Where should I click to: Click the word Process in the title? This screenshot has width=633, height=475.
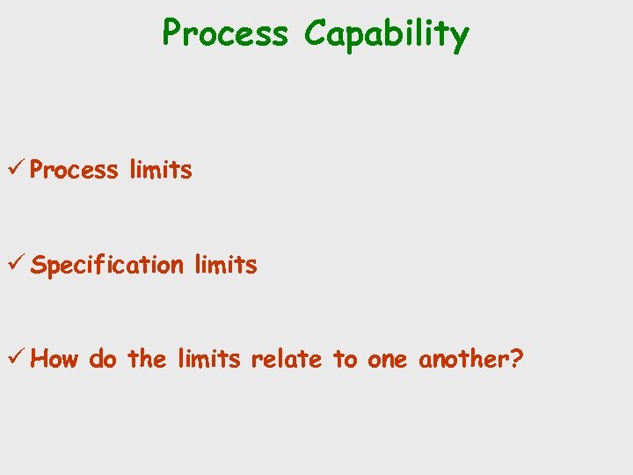click(225, 33)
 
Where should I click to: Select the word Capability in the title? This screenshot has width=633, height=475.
click(387, 35)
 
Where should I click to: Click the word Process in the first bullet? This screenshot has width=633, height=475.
click(74, 170)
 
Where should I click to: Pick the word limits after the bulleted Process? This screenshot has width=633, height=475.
click(160, 170)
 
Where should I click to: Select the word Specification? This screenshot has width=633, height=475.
click(107, 265)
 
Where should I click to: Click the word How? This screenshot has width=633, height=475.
click(59, 359)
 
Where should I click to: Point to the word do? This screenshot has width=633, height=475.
click(102, 359)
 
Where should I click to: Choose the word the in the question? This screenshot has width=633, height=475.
click(146, 359)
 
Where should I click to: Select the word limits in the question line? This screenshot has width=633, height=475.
click(208, 359)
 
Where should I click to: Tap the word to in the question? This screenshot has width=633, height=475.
click(345, 359)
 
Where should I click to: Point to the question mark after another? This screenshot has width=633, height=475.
click(516, 358)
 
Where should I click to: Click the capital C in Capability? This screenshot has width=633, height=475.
click(315, 33)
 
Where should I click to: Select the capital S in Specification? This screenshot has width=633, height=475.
click(39, 264)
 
